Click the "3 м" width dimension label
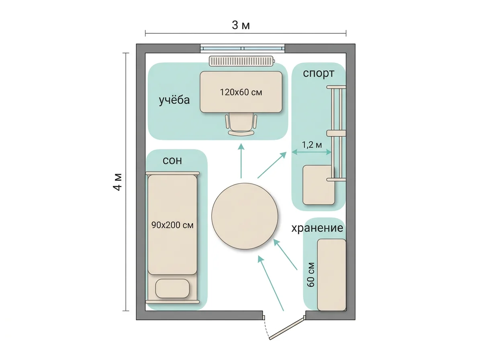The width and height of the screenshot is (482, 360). [x=241, y=25]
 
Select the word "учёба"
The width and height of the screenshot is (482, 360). [x=174, y=100]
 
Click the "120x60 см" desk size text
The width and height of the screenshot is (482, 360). [x=241, y=92]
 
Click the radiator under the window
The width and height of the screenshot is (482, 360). [x=241, y=61]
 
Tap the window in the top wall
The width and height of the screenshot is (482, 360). [x=243, y=48]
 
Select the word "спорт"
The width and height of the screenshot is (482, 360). [x=319, y=74]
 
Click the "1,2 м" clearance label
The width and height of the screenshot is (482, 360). [x=312, y=145]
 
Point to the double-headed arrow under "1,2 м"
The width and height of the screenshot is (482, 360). [x=311, y=152]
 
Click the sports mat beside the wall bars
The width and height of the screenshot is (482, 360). [x=319, y=185]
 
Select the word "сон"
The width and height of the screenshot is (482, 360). [x=172, y=161]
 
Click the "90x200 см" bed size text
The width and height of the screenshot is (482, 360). [x=172, y=225]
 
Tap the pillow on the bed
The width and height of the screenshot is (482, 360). [x=172, y=288]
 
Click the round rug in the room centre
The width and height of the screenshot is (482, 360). [x=245, y=216]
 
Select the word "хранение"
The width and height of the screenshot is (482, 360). [x=317, y=228]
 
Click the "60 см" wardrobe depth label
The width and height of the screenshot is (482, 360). [x=311, y=274]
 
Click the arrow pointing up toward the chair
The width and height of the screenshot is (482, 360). [x=241, y=161]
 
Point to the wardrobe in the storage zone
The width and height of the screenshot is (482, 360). [x=332, y=275]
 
